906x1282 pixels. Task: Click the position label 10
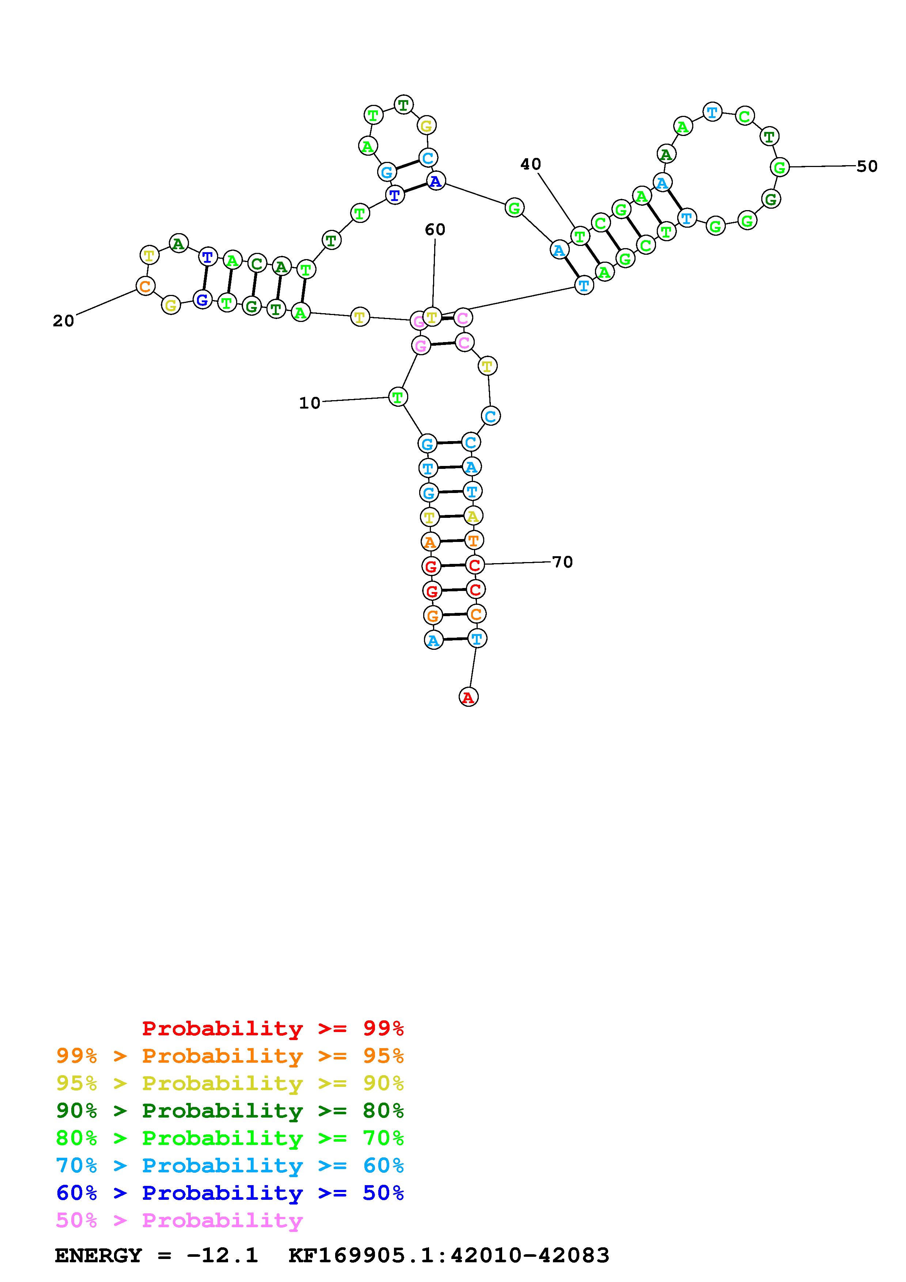click(310, 403)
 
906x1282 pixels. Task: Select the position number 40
click(531, 164)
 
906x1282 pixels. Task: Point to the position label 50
click(867, 166)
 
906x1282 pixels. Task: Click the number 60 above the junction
click(435, 230)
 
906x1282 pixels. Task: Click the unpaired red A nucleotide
click(469, 697)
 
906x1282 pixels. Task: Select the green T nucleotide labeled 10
click(398, 397)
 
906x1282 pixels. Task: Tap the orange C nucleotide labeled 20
click(145, 287)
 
